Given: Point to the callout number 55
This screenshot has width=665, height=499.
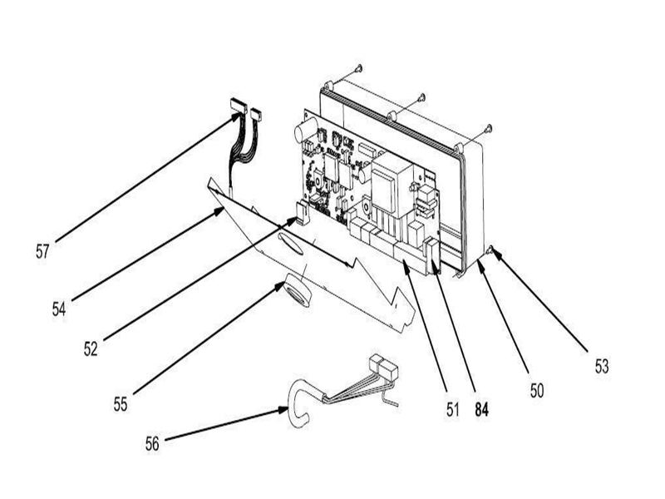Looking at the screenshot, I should click(122, 404).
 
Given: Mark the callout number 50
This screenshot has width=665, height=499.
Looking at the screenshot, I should click(537, 388).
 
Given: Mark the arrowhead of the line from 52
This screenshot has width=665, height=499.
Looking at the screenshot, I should click(294, 220).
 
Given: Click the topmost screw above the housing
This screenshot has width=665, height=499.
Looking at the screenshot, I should click(358, 67).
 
